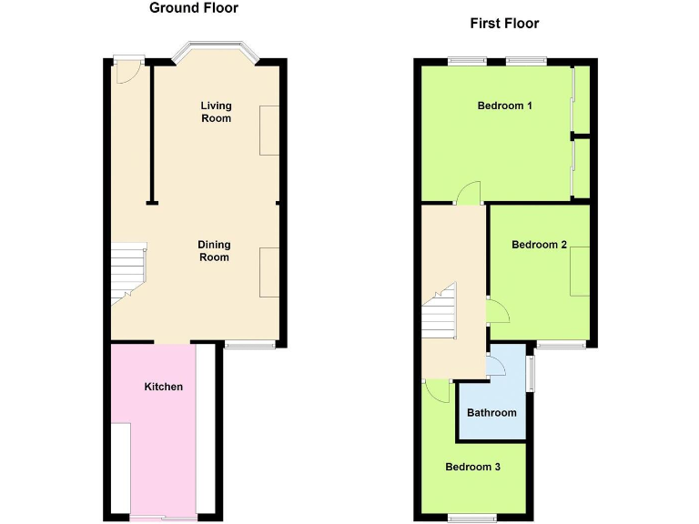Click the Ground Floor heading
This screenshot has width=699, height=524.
point(193,8)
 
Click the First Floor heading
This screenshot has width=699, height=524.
point(504,24)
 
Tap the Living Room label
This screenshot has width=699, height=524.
point(216,112)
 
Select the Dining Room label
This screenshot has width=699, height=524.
point(215,251)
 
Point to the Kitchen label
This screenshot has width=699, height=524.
point(164,387)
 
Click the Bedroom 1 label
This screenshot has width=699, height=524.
point(504,106)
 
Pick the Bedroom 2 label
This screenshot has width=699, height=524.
point(539,245)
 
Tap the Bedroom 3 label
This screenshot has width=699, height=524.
point(472,467)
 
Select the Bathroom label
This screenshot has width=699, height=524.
point(491,413)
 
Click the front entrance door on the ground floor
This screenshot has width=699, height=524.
point(127,70)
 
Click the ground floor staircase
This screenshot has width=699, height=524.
point(128,273)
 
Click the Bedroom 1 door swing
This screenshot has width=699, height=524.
point(469,192)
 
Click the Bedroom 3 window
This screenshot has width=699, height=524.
point(472,518)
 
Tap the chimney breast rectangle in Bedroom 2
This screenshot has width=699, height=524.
point(580,271)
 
